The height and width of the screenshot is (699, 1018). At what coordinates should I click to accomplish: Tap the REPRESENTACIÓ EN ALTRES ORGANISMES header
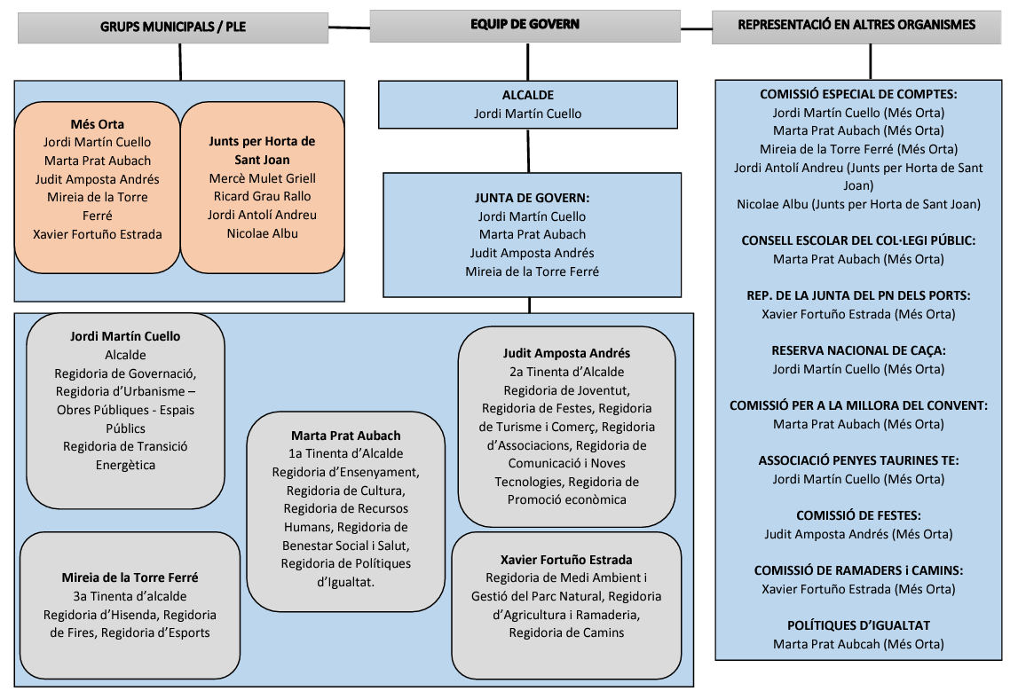[856, 25]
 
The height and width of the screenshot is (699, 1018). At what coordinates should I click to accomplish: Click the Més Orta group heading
[98, 123]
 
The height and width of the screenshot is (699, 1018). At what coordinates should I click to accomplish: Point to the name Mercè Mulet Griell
[262, 178]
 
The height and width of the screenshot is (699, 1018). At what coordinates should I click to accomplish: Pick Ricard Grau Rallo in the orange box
[262, 196]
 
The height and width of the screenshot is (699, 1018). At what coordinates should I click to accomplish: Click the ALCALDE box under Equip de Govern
[527, 104]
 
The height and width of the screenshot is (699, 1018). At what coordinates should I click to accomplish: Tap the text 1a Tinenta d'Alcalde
[346, 453]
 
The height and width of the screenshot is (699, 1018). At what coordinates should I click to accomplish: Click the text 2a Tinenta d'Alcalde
[566, 372]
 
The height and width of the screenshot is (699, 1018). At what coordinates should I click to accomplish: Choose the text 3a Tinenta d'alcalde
[130, 596]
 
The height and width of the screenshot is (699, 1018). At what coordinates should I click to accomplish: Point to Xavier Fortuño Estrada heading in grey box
[566, 560]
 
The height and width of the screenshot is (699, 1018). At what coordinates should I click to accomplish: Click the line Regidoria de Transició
[125, 446]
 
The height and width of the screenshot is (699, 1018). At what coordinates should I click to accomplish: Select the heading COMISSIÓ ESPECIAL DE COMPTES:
[858, 94]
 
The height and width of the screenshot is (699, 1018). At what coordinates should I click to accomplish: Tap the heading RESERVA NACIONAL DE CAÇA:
[858, 350]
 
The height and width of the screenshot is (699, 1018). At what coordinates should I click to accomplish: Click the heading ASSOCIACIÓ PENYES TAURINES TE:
[858, 460]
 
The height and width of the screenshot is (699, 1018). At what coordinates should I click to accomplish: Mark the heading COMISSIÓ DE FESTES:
[858, 515]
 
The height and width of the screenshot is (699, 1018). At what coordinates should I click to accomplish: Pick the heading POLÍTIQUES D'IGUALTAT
[858, 625]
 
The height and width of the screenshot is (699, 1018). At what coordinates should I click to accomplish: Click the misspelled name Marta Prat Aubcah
[858, 644]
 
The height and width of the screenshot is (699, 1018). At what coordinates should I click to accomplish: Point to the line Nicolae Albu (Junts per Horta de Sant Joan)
[858, 204]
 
